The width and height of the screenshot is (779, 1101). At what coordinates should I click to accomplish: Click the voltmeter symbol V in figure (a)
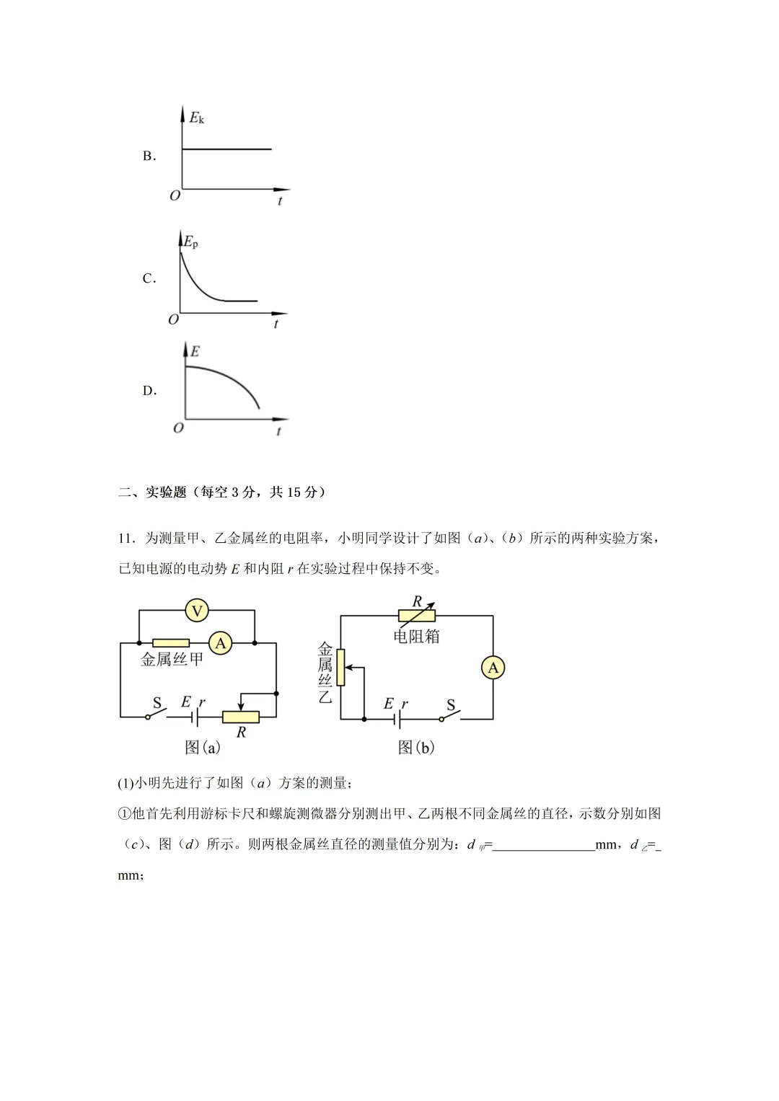(197, 611)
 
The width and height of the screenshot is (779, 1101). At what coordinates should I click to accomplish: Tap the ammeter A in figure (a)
(221, 643)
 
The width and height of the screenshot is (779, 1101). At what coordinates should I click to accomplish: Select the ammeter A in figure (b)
(493, 668)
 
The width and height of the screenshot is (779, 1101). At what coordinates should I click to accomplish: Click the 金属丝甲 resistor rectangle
(171, 643)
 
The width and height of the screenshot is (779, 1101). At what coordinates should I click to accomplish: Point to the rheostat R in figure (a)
(241, 717)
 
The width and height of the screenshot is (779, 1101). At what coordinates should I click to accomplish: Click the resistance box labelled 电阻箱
(417, 616)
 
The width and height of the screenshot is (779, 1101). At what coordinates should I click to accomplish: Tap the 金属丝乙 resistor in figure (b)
(341, 667)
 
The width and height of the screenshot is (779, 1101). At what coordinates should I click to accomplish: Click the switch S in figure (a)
(157, 714)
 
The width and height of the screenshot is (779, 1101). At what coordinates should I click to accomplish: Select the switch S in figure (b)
(450, 716)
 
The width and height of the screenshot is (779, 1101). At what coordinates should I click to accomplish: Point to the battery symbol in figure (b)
(397, 719)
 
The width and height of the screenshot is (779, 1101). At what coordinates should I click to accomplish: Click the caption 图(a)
(203, 748)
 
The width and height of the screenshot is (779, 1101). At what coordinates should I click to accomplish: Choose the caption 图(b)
(416, 748)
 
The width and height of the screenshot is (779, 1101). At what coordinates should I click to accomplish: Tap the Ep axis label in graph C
(190, 242)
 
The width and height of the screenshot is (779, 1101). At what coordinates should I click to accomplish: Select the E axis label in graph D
(195, 352)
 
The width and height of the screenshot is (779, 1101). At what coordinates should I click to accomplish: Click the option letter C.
(149, 278)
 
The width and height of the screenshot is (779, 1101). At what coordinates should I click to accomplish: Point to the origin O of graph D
(178, 428)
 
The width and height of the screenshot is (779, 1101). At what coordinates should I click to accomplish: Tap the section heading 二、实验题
(152, 492)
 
